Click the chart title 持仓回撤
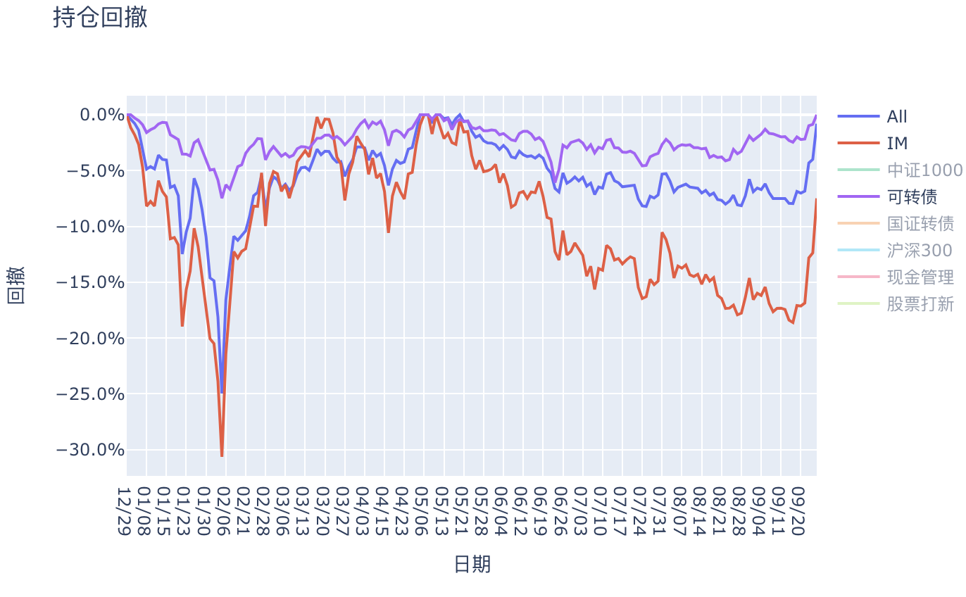tap(100, 18)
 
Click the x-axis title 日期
tap(472, 564)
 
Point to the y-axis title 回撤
tap(15, 285)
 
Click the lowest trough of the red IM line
tap(222, 456)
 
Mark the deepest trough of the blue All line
tap(222, 392)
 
